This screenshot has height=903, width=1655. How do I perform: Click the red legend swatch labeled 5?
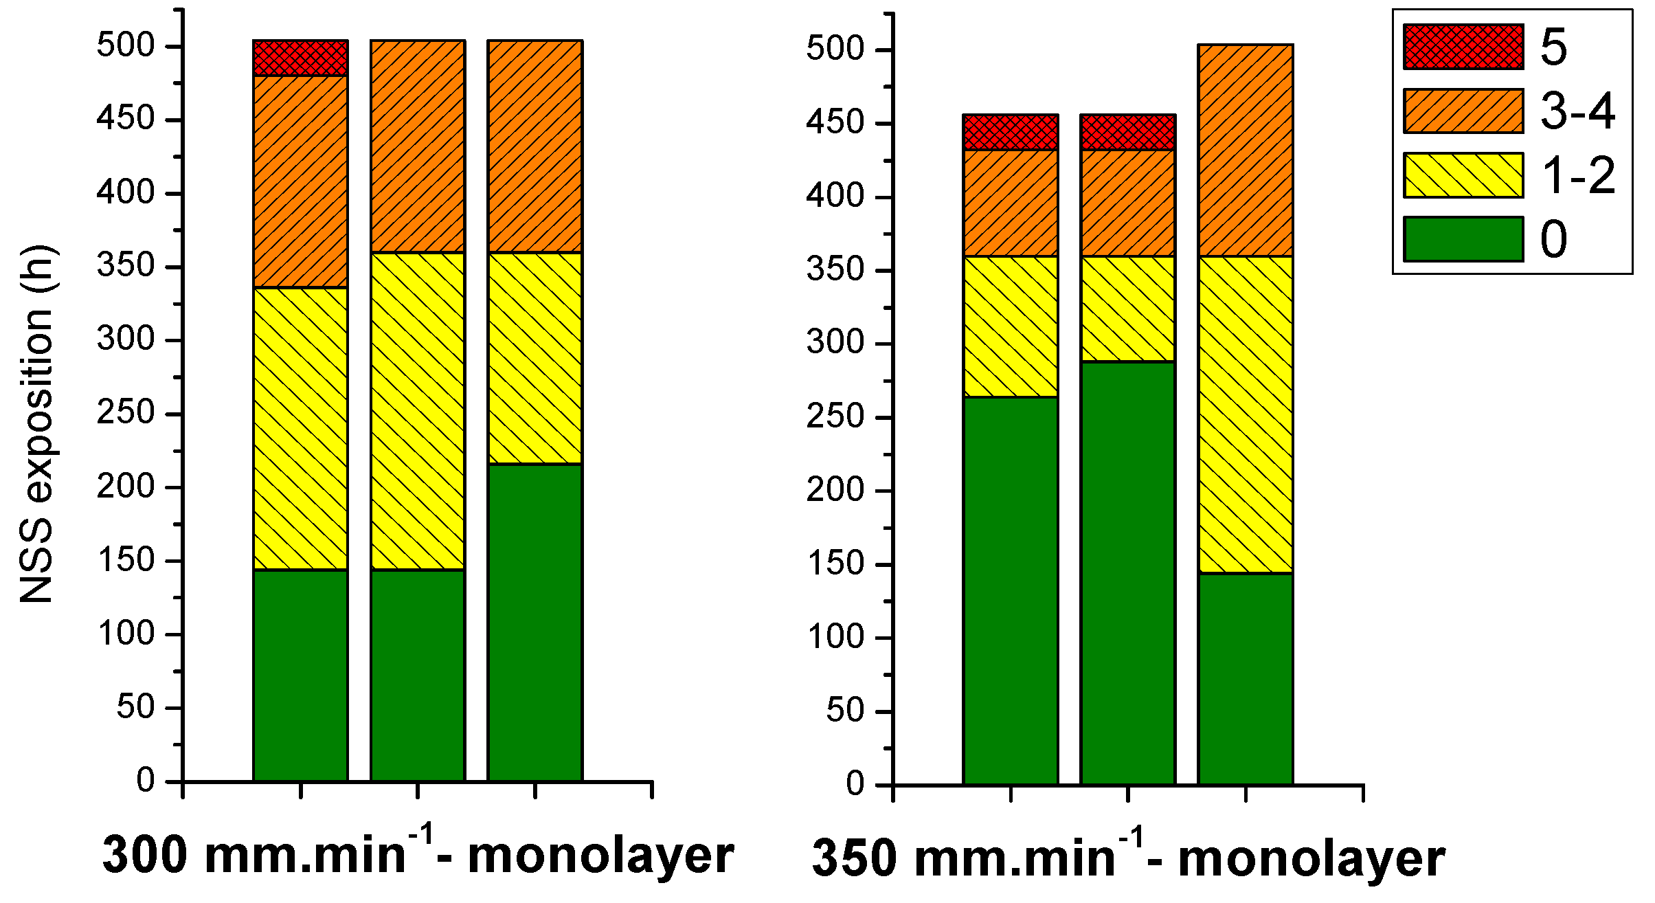click(x=1463, y=47)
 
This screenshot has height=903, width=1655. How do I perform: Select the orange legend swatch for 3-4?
click(x=1463, y=111)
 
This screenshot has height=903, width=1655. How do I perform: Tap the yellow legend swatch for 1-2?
click(x=1463, y=175)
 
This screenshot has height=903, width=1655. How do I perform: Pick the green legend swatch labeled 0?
click(x=1463, y=239)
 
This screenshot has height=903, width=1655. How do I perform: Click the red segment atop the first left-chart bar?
click(x=300, y=58)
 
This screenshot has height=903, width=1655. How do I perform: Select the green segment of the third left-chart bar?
click(x=534, y=622)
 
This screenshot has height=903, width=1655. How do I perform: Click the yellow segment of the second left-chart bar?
click(x=418, y=411)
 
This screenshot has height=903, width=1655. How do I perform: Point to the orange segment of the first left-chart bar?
click(x=300, y=181)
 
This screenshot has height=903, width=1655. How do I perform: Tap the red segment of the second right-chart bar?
click(x=1127, y=132)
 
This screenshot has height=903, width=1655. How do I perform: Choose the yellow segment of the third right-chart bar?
click(x=1245, y=414)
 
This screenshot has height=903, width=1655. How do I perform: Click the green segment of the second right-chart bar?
click(x=1127, y=572)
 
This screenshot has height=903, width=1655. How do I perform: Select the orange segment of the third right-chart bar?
click(x=1245, y=150)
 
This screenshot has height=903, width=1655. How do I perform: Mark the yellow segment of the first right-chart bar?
click(x=1010, y=326)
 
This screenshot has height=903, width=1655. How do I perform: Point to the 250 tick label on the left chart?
click(x=126, y=413)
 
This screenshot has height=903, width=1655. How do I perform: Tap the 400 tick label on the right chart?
click(x=835, y=197)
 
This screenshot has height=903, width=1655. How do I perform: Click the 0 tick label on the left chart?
click(x=146, y=780)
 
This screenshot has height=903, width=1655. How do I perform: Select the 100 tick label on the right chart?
click(x=835, y=637)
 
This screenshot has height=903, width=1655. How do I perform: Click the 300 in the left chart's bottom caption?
click(x=144, y=856)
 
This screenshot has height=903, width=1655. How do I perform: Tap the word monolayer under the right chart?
click(x=1311, y=859)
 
